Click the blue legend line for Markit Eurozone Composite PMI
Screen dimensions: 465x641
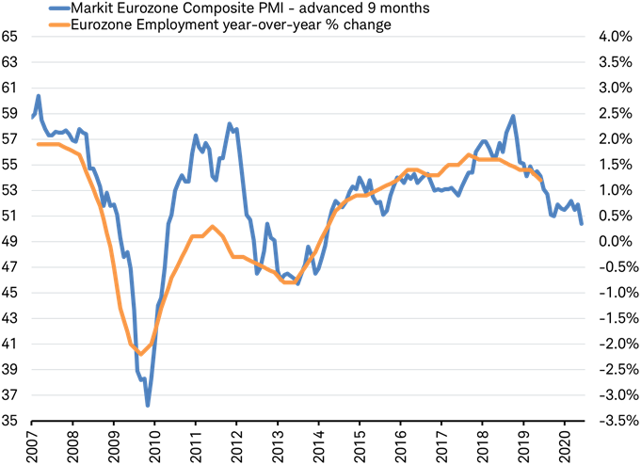coord(55,8)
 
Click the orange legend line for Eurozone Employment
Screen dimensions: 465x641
coord(55,24)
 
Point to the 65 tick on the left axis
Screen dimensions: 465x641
coord(12,37)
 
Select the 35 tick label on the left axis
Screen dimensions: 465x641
coord(12,421)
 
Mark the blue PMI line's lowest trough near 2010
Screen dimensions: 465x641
coord(148,406)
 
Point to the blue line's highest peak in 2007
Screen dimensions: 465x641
coord(38,95)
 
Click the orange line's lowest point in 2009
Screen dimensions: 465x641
coord(140,354)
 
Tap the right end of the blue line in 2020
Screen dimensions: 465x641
coord(581,224)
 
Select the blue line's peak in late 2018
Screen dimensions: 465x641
coord(512,116)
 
